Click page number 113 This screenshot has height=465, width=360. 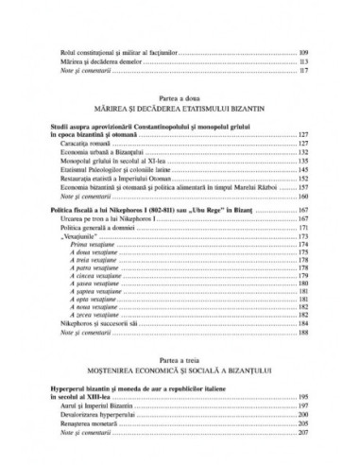[303, 60]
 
